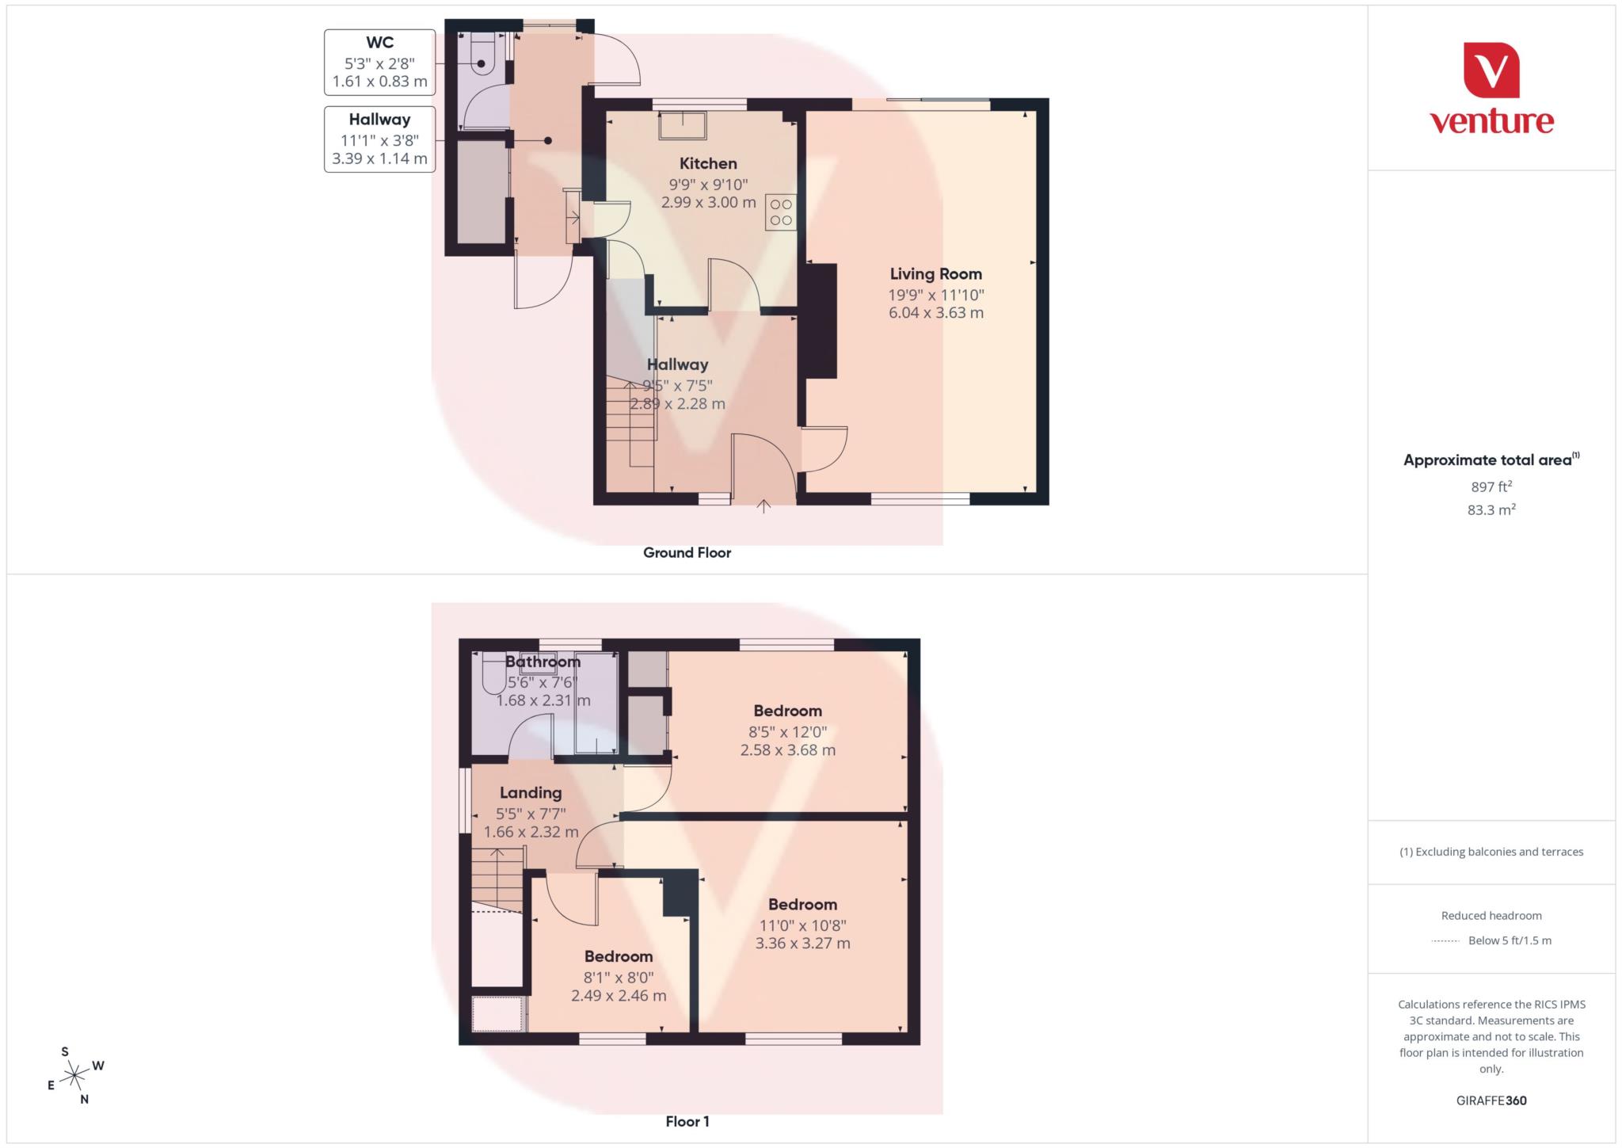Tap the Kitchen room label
(x=708, y=164)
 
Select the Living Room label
(x=935, y=274)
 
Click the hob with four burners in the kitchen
(x=780, y=212)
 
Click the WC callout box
(x=379, y=62)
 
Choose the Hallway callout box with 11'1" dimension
(x=379, y=139)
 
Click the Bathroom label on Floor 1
(x=543, y=662)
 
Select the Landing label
(x=531, y=792)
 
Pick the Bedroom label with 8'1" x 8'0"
(x=619, y=956)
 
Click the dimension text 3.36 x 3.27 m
(x=802, y=944)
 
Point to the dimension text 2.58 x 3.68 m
(x=787, y=749)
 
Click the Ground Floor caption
(x=687, y=553)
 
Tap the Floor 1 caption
(x=687, y=1121)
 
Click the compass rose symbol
(x=74, y=1075)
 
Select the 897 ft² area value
(x=1491, y=487)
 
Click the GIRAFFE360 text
(x=1491, y=1100)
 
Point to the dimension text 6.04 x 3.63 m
(x=935, y=313)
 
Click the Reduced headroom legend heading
(x=1491, y=916)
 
